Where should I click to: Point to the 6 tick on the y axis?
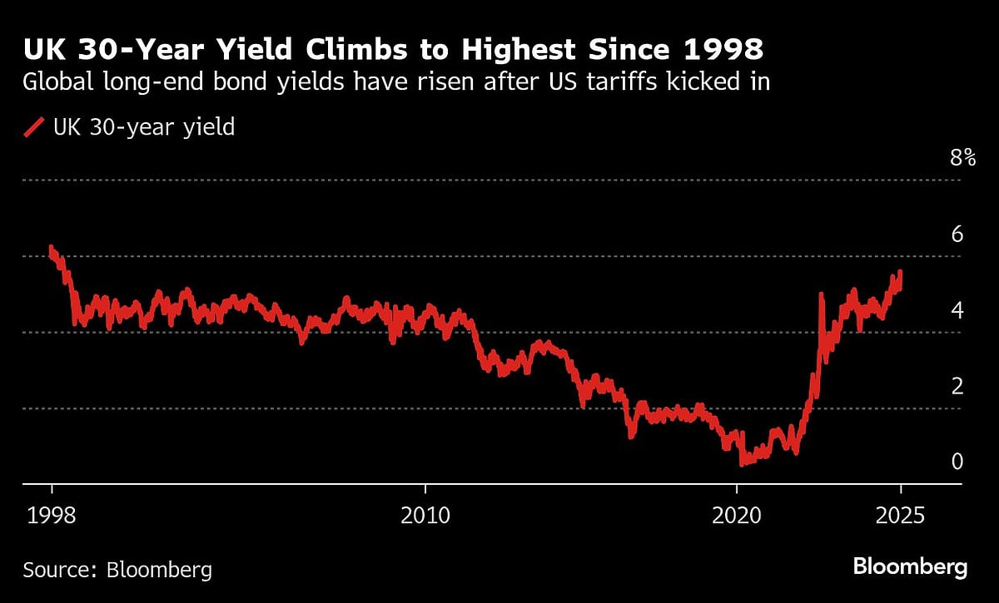(x=957, y=234)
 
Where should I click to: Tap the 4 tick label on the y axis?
(x=957, y=310)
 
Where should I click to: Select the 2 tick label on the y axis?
(x=957, y=386)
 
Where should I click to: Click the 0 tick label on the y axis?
(x=957, y=462)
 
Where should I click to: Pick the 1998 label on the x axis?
(x=52, y=516)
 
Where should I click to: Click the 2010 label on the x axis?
(x=425, y=516)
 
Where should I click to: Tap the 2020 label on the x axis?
(x=738, y=516)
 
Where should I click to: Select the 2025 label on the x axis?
(x=900, y=516)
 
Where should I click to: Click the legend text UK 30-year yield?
(x=143, y=127)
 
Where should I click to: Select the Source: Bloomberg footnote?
(x=117, y=570)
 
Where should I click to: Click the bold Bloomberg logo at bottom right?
(x=910, y=567)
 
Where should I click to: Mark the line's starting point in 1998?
(x=52, y=247)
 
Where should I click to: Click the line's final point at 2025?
(x=900, y=272)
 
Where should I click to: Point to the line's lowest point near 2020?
(x=742, y=462)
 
